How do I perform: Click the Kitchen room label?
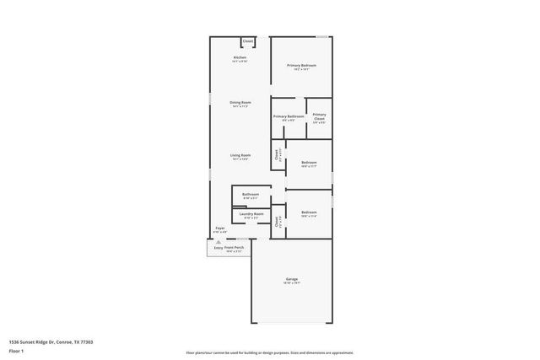point(240,57)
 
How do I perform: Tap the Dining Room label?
point(240,103)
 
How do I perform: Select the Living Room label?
point(240,155)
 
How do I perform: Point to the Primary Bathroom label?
point(289,116)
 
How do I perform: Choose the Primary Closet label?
point(319,116)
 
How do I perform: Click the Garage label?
point(291,279)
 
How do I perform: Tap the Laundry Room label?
point(251,214)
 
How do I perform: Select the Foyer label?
point(219,228)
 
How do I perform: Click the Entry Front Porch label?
point(228,248)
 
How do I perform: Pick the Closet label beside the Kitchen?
point(248,40)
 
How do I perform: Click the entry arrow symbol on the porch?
point(218,241)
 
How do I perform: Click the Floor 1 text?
point(17,352)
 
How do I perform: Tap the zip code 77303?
point(87,342)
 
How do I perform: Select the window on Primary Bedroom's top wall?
point(321,36)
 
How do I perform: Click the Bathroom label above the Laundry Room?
point(251,195)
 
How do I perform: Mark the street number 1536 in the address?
point(13,342)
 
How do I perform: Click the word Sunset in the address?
point(29,342)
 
